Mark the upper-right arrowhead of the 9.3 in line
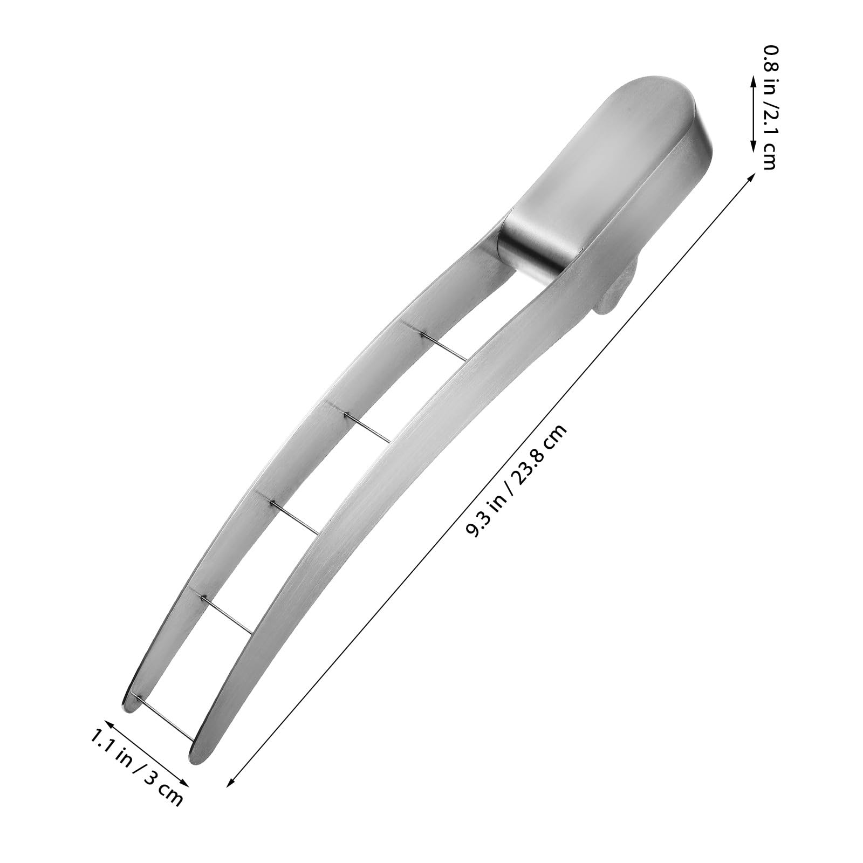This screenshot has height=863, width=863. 752,175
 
